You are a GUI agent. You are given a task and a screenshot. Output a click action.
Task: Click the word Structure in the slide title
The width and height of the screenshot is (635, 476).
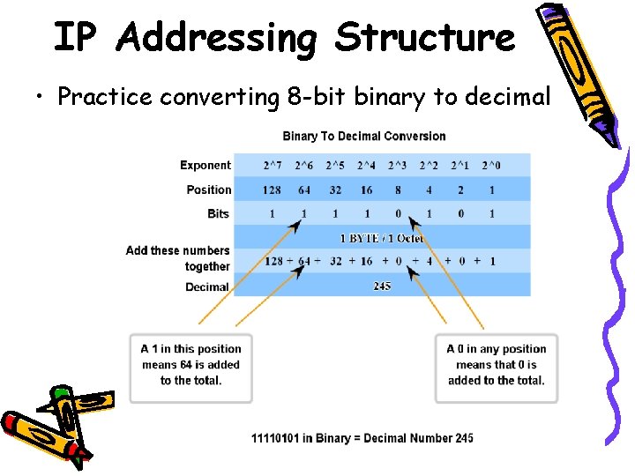click(424, 37)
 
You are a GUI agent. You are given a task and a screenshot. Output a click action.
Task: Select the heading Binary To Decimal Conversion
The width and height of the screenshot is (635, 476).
click(363, 136)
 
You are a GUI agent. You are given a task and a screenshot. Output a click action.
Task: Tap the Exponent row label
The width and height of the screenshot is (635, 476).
click(205, 165)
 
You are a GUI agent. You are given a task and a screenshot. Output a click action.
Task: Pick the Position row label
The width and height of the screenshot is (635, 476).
click(208, 190)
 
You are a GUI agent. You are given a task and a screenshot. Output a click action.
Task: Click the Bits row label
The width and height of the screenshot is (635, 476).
click(218, 213)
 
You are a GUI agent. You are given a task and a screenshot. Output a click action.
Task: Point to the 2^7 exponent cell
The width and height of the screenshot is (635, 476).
click(273, 165)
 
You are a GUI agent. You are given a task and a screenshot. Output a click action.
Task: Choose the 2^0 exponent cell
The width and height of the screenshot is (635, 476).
click(491, 165)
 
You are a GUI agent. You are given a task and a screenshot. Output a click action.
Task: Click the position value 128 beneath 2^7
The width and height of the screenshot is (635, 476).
click(272, 190)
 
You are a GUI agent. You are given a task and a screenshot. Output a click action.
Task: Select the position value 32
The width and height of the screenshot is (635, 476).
click(335, 190)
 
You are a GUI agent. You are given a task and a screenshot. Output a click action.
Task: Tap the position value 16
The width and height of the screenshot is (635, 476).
click(366, 190)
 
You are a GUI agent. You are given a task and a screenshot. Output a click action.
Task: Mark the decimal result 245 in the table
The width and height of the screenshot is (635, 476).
click(382, 286)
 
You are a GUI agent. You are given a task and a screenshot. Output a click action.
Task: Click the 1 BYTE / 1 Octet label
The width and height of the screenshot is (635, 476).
click(382, 238)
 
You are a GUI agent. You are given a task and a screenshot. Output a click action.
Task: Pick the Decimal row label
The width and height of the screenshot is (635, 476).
click(207, 286)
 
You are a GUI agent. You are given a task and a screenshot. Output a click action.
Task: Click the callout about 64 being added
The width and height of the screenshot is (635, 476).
click(190, 365)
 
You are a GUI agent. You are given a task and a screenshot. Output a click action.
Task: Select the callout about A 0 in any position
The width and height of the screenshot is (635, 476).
click(496, 365)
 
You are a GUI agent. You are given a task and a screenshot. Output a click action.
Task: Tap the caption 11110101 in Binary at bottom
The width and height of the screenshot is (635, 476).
click(362, 438)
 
